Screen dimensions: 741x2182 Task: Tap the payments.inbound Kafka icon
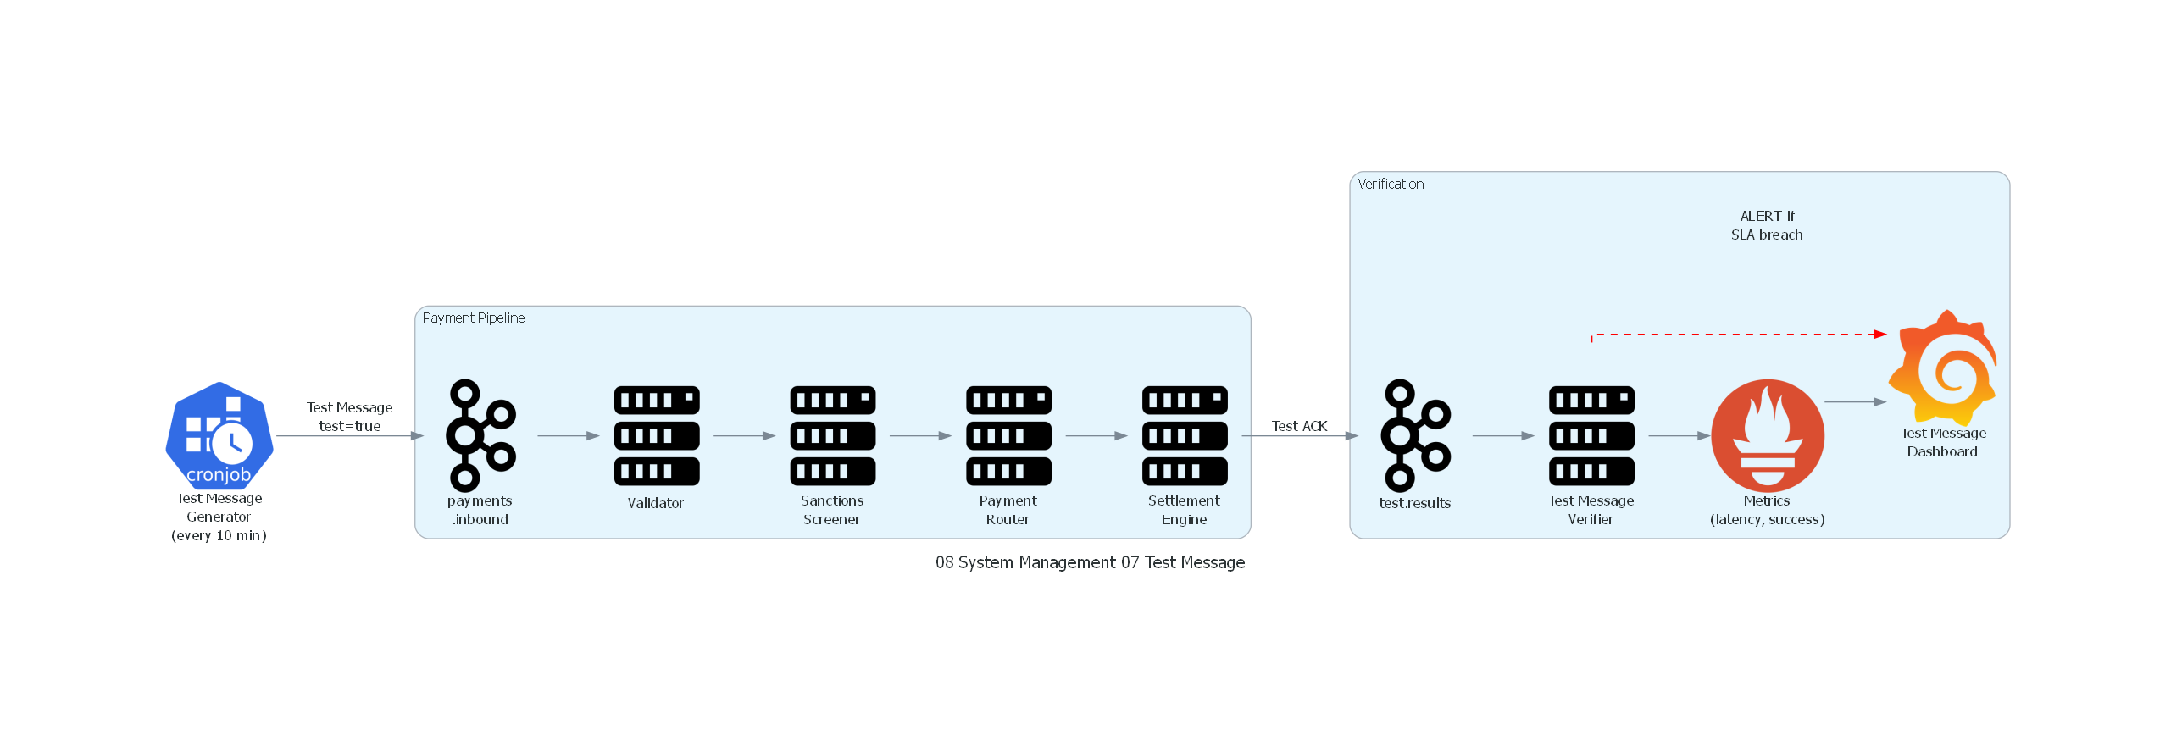[480, 435]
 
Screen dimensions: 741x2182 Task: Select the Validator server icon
[657, 435]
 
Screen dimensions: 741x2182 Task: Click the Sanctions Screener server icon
[832, 435]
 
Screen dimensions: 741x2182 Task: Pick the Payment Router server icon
[1008, 435]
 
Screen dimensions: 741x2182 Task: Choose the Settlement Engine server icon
[1185, 435]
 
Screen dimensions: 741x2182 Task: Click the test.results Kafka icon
[1415, 435]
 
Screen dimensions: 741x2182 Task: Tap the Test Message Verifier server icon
[1591, 435]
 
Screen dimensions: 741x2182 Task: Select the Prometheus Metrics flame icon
[1768, 435]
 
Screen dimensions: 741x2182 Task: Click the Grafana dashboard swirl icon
[1944, 368]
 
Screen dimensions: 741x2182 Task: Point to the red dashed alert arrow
[1737, 335]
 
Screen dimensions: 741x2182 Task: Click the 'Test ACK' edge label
[1299, 426]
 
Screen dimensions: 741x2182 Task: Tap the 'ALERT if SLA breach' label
[1767, 225]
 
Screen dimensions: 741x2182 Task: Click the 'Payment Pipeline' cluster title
[474, 318]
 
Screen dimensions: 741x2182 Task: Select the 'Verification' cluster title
[1391, 184]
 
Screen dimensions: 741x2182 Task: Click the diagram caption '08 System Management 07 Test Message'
[1090, 562]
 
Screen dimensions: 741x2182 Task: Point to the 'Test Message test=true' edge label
[349, 417]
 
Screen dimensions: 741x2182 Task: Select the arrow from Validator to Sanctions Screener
[744, 436]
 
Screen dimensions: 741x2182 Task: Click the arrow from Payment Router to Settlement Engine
[1096, 436]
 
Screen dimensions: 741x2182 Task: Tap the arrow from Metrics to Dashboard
[1855, 402]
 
